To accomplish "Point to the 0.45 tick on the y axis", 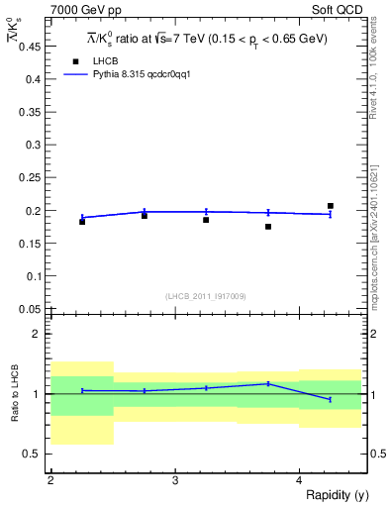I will coord(29,47).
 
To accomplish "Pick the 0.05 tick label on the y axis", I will coord(29,309).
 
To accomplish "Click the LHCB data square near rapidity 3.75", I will coord(268,227).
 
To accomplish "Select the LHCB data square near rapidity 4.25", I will coord(331,206).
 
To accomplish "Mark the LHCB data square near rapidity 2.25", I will coord(82,222).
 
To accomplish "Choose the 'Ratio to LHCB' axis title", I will coord(15,393).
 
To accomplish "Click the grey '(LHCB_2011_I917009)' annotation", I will coord(206,296).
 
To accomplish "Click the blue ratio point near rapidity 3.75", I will coord(268,383).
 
